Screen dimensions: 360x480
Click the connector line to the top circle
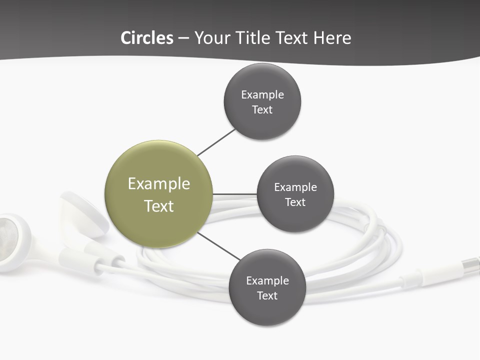[x=216, y=142]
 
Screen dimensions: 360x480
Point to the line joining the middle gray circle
[x=235, y=194]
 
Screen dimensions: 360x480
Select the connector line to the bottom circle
[x=218, y=246]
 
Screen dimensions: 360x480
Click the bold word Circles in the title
[x=147, y=38]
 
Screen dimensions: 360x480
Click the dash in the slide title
[x=183, y=38]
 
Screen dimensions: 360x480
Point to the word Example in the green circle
[x=159, y=184]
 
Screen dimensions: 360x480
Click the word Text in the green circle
[x=159, y=206]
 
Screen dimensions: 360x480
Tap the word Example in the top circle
[x=262, y=95]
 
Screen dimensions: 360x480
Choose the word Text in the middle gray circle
[x=295, y=202]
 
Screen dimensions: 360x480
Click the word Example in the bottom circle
[x=267, y=281]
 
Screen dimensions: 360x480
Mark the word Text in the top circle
[x=262, y=110]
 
